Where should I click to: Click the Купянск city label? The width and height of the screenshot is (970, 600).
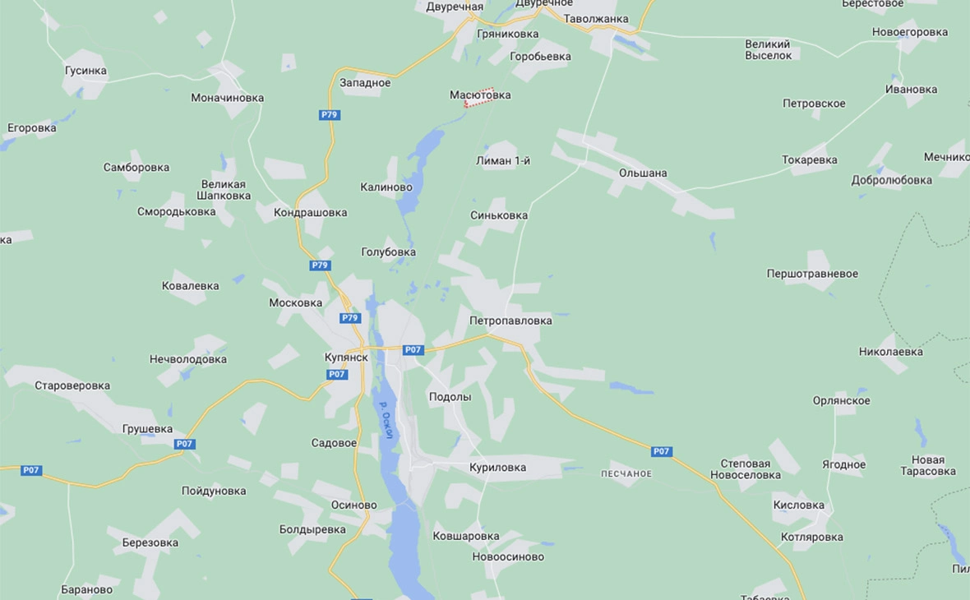point(345,358)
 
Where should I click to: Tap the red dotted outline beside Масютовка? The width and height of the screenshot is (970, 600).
point(479,99)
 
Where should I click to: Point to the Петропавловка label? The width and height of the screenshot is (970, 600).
point(510,321)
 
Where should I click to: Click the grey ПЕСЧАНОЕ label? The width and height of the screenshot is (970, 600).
point(626,473)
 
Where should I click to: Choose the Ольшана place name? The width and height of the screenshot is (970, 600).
point(643,173)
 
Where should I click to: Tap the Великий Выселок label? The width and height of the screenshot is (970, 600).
point(769,49)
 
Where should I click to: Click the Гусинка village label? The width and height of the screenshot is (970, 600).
point(85,71)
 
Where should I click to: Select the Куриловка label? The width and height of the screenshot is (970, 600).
point(498,468)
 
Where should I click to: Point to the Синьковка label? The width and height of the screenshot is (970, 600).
point(499,215)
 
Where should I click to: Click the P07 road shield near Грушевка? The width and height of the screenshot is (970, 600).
point(185,444)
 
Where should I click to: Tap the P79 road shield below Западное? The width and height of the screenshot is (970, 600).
point(330,115)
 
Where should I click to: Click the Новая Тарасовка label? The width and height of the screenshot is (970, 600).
point(928,465)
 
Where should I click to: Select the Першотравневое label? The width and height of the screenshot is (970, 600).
point(812,274)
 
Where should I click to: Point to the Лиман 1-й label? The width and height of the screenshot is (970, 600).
point(503,161)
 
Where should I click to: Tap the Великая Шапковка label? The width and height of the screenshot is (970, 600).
point(224,190)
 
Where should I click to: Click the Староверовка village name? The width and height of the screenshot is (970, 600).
point(72,385)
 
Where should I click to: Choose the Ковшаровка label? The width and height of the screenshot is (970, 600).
point(466,536)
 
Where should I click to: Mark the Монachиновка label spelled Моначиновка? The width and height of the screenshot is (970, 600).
point(228,98)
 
